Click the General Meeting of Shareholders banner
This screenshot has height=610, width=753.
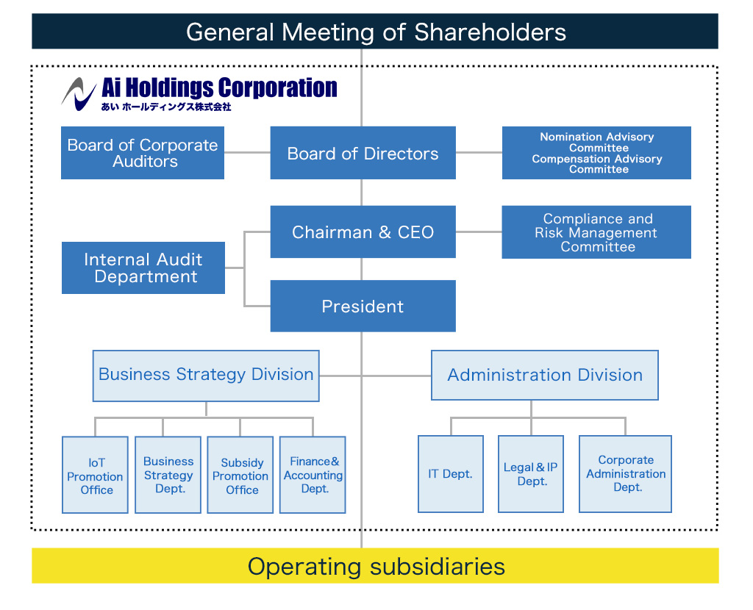(x=375, y=31)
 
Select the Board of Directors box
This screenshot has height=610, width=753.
(x=363, y=153)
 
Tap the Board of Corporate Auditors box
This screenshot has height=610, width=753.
(x=143, y=153)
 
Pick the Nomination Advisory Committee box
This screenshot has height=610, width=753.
(x=596, y=153)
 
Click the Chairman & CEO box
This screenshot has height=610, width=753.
(x=363, y=232)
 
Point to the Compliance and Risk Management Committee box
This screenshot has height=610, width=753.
(x=596, y=232)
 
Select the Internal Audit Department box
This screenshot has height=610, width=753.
(x=143, y=268)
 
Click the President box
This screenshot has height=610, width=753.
(x=363, y=306)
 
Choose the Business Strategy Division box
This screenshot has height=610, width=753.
(x=206, y=376)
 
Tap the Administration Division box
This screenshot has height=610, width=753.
(x=545, y=376)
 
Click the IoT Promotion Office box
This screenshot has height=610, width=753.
(x=95, y=475)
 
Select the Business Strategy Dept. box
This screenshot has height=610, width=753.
(x=168, y=475)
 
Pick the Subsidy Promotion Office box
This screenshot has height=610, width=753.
(x=240, y=475)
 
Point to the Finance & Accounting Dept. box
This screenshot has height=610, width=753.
(x=313, y=475)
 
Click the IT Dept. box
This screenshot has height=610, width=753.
(x=451, y=474)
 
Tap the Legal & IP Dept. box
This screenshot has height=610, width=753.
(x=531, y=474)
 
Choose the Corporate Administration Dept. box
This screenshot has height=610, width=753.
(x=625, y=474)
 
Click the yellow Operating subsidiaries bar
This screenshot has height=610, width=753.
(x=375, y=566)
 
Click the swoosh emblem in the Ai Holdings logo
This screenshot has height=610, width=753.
(x=78, y=94)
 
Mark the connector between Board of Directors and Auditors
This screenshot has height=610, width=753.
(x=247, y=153)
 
